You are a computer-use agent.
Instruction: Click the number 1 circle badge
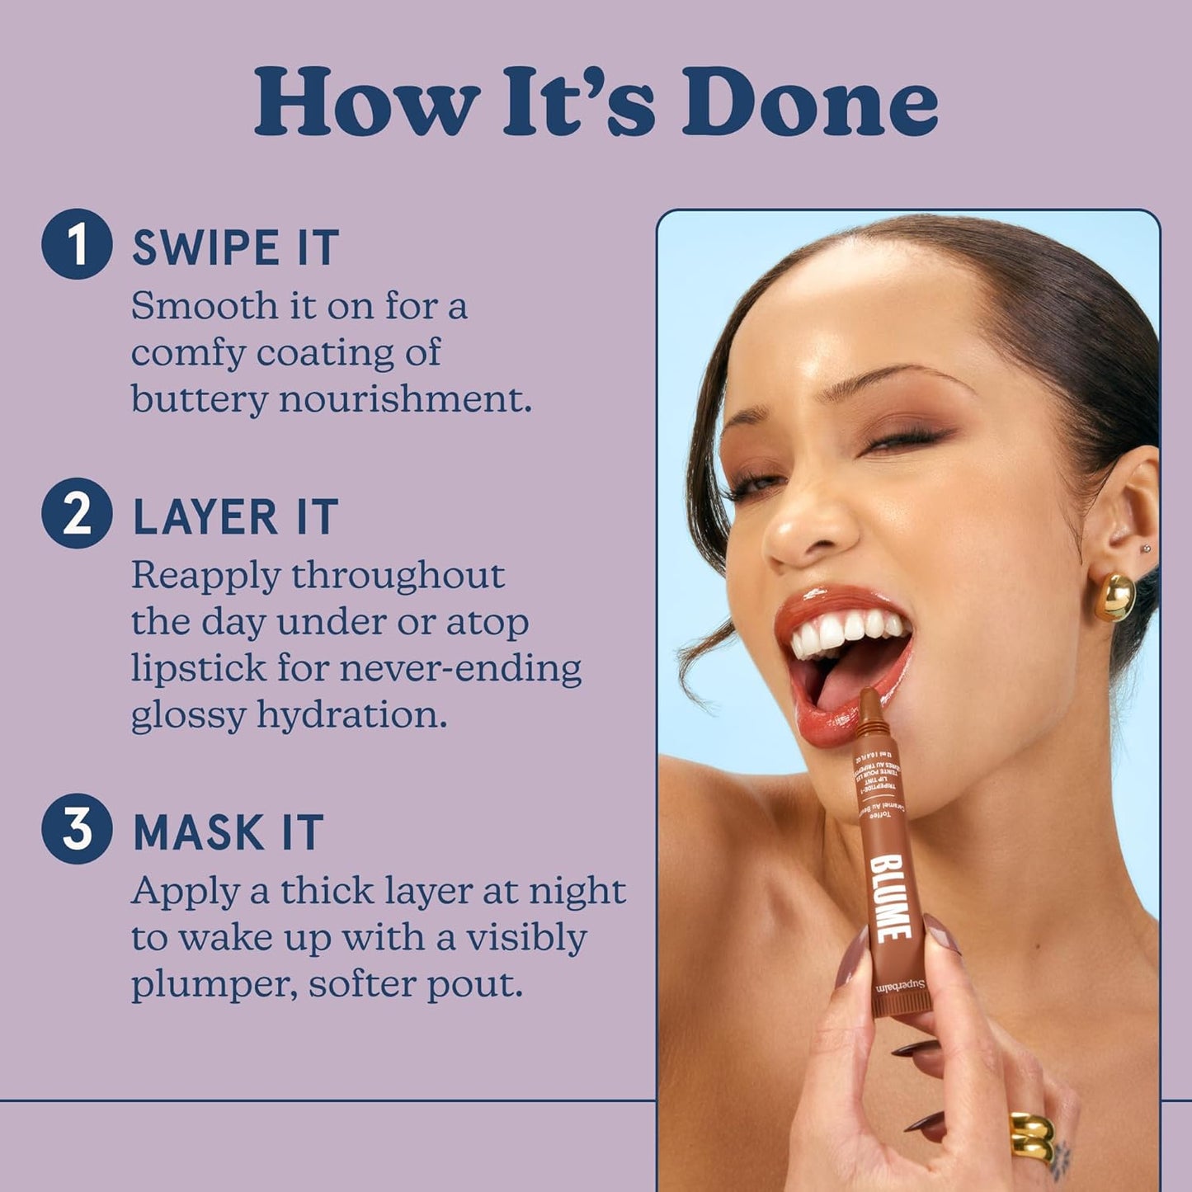77,244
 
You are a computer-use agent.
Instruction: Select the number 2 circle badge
77,513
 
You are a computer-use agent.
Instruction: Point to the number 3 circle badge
77,828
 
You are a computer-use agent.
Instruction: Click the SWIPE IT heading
236,248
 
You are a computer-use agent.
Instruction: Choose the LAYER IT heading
235,517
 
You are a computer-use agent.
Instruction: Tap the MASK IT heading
229,832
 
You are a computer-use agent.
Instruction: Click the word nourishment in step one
404,399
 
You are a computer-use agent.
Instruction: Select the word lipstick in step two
198,668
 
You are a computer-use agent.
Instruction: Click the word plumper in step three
214,985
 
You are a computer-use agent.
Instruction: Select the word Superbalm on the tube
901,987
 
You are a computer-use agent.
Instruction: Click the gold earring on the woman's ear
1114,596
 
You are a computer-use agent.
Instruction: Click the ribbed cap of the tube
902,1003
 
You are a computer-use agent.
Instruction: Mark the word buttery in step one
199,399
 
